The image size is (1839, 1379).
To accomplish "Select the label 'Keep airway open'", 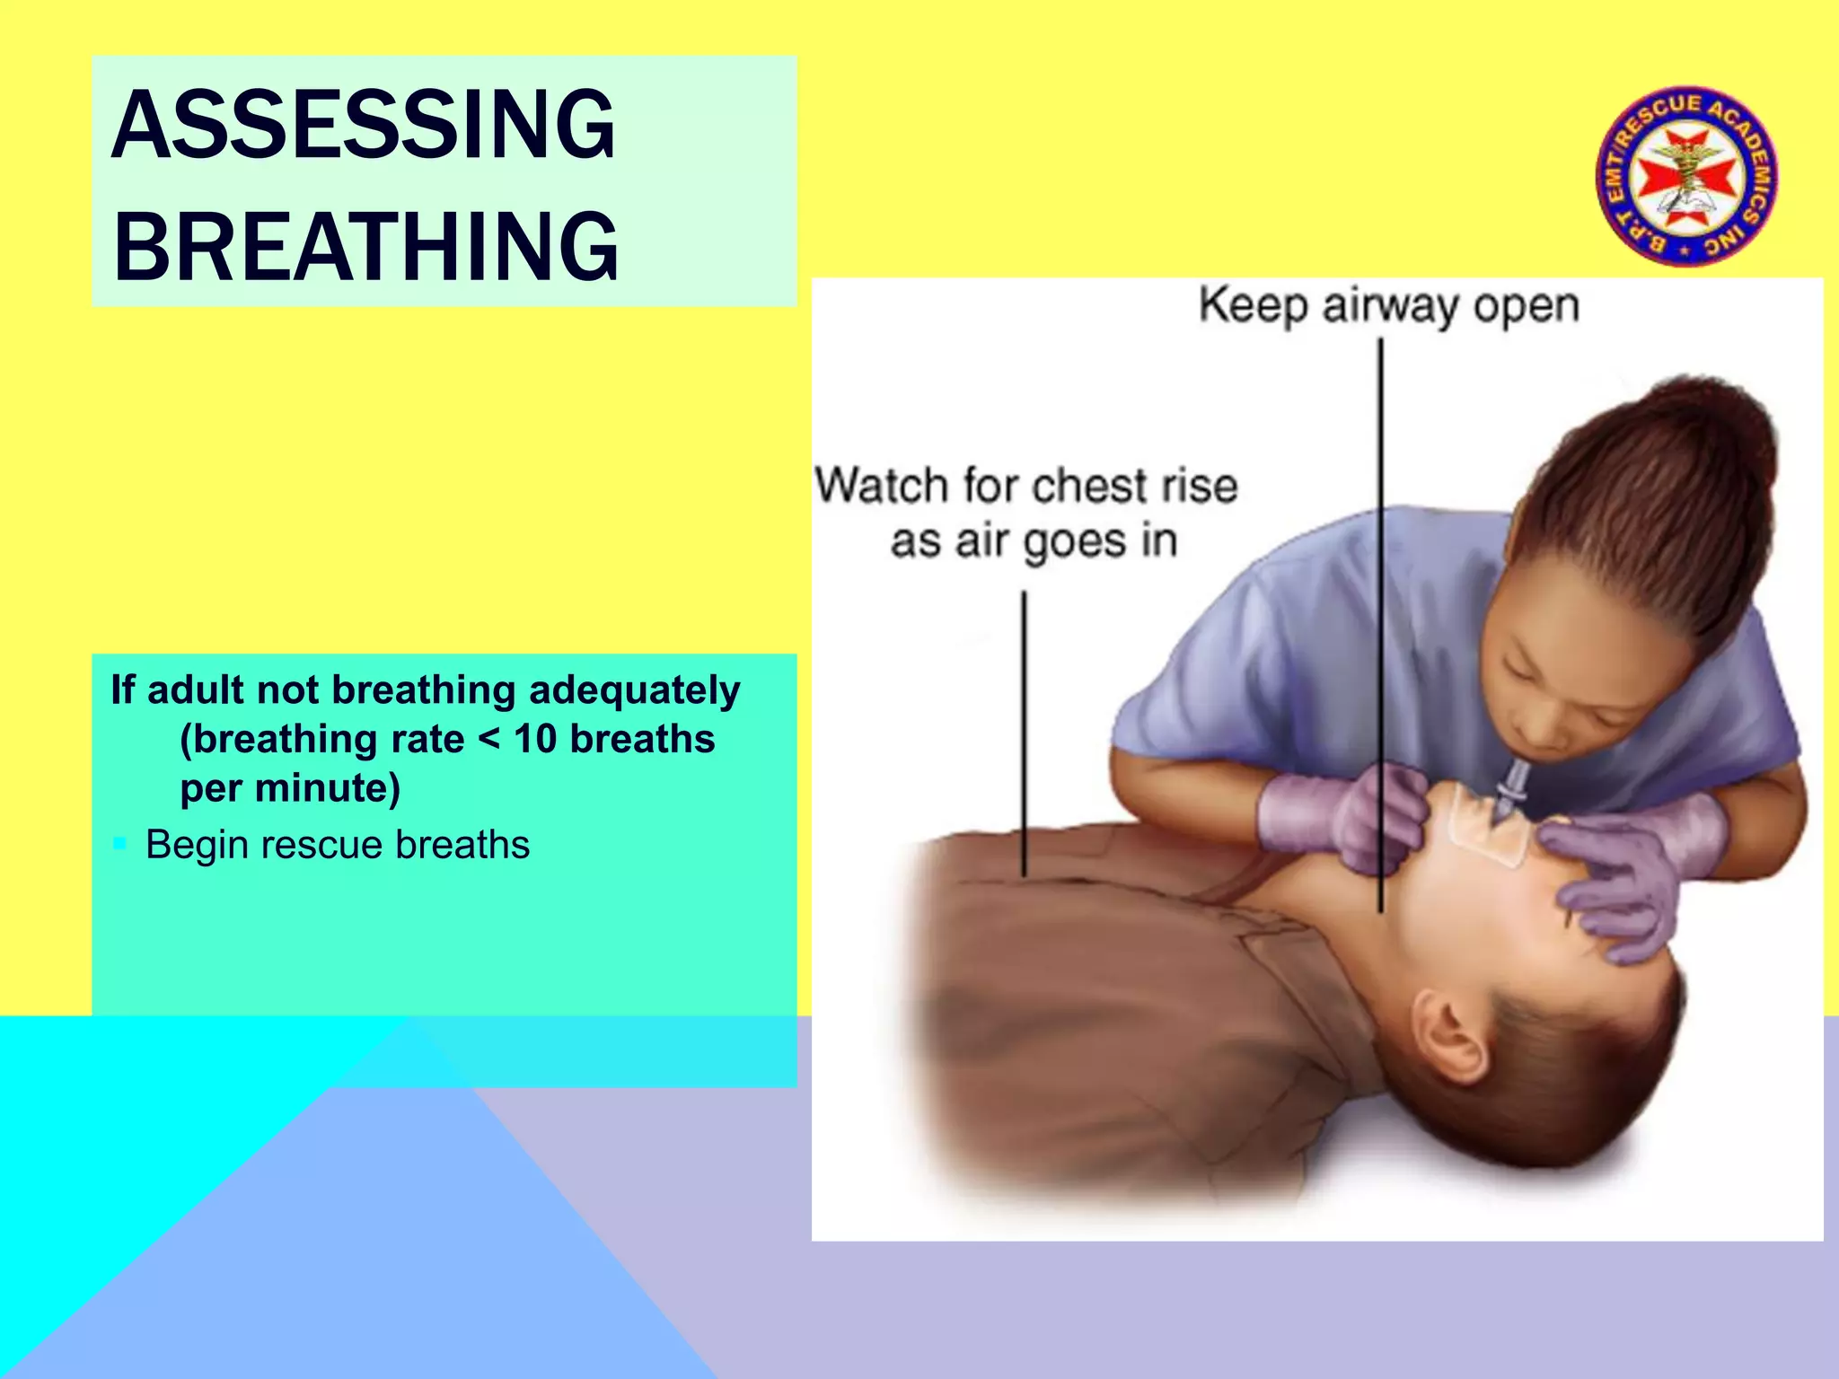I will pyautogui.click(x=1388, y=306).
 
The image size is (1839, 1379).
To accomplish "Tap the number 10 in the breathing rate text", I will pyautogui.click(x=535, y=740).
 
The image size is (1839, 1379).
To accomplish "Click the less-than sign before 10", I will pyautogui.click(x=489, y=740).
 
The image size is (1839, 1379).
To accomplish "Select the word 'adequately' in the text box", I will pyautogui.click(x=634, y=690).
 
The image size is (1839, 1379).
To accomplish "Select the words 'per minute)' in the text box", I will pyautogui.click(x=290, y=788).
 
